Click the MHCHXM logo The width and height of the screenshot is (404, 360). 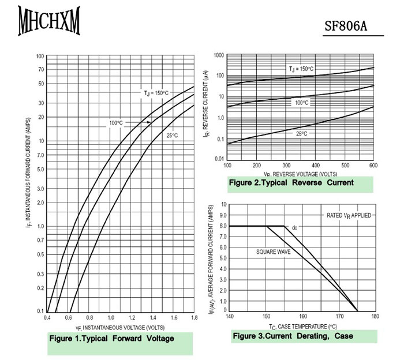coord(49,21)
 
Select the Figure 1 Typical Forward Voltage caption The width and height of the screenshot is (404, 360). coord(112,339)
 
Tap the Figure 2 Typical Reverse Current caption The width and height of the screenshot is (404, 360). coord(291,183)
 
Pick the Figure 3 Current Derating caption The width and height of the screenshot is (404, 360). coord(293,336)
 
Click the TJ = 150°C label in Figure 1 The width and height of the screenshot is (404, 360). coord(156,92)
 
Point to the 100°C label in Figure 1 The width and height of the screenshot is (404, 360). coord(116,123)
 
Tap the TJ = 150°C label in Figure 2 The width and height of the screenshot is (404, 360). coord(301,69)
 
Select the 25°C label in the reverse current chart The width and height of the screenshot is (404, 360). coord(302,133)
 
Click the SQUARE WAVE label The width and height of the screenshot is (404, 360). coord(274,252)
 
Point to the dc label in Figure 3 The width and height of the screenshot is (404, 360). coord(294,228)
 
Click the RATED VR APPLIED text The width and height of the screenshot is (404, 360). coord(346,215)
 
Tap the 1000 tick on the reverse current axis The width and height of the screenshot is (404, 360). coord(218,55)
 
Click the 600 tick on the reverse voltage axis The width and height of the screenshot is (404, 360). coord(372,166)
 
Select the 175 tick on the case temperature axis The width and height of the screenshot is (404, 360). coord(357,316)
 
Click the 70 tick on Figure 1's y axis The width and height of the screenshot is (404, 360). coord(40,69)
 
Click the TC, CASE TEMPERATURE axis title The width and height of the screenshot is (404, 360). coord(302,326)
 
